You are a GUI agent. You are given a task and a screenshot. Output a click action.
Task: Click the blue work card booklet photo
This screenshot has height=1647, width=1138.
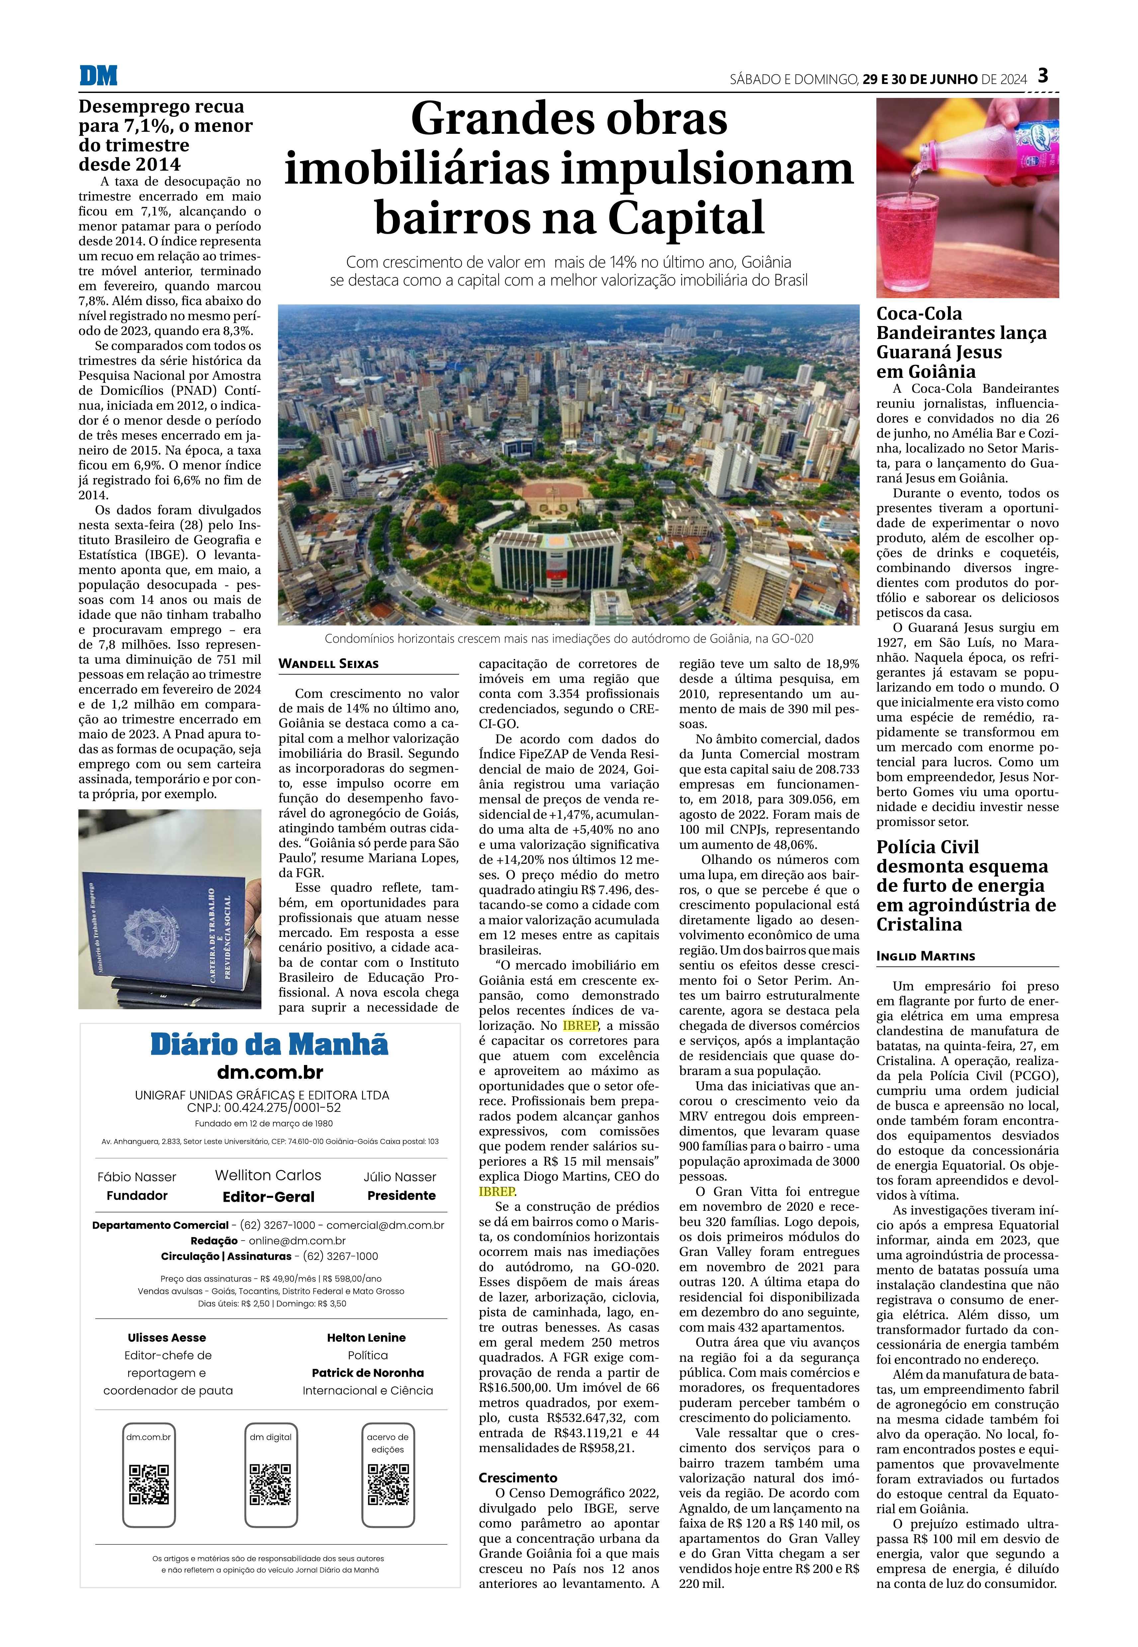point(170,909)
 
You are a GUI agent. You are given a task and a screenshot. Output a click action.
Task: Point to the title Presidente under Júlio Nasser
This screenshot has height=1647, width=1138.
point(402,1195)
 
